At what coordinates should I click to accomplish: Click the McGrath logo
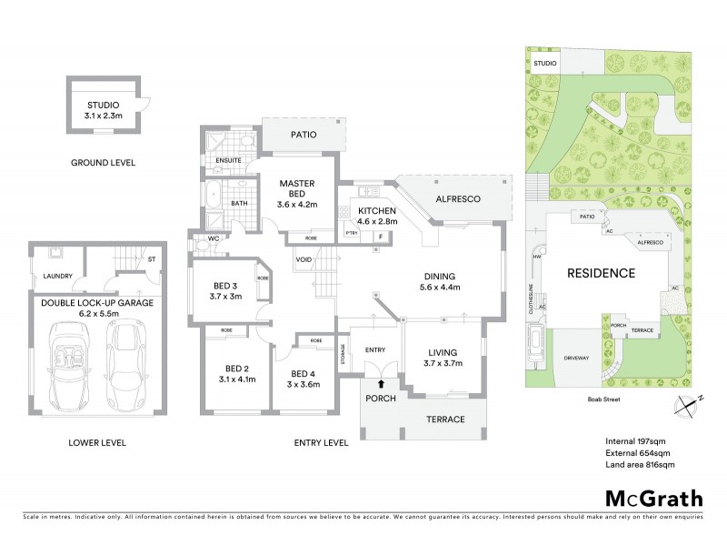[x=653, y=498]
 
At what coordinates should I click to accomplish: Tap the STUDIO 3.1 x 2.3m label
[x=103, y=110]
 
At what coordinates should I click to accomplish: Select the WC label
[x=215, y=239]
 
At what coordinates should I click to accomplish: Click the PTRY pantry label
[x=352, y=235]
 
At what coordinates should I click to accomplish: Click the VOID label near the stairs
[x=304, y=260]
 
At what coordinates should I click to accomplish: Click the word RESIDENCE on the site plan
[x=602, y=273]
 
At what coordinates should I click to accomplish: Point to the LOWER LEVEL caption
[x=97, y=443]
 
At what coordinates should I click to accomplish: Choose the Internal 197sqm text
[x=637, y=441]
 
